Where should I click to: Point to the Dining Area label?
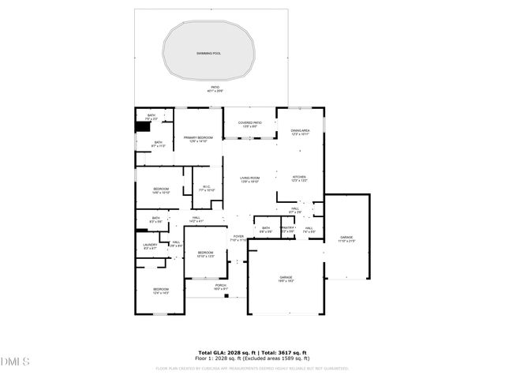300,132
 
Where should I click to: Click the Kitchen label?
299,178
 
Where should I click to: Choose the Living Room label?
249,180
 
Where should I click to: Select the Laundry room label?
150,246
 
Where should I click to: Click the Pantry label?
287,229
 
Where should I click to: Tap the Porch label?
220,287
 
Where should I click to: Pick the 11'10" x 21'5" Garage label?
346,238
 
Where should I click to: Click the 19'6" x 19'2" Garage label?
285,279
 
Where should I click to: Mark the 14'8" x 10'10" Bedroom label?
161,190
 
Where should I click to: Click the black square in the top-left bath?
143,126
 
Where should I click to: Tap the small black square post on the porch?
226,297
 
